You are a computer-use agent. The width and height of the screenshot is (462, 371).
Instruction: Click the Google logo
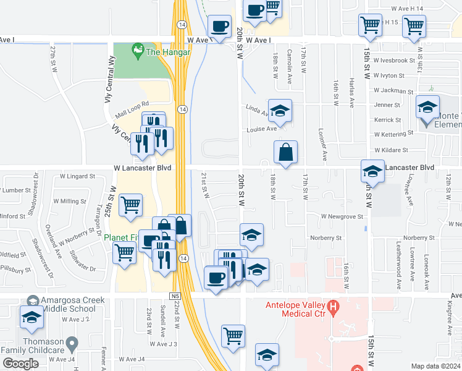(20, 364)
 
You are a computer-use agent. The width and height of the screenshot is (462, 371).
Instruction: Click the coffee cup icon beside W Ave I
(219, 27)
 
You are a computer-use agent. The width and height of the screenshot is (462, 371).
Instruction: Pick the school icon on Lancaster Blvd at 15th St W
(372, 171)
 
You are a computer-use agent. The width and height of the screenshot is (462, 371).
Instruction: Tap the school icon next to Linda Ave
(280, 111)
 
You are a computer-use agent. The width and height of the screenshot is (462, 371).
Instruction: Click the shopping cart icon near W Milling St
(130, 205)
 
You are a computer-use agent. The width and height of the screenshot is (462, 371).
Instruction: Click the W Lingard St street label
(77, 176)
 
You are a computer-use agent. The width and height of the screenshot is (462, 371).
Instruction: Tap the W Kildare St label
(391, 150)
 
